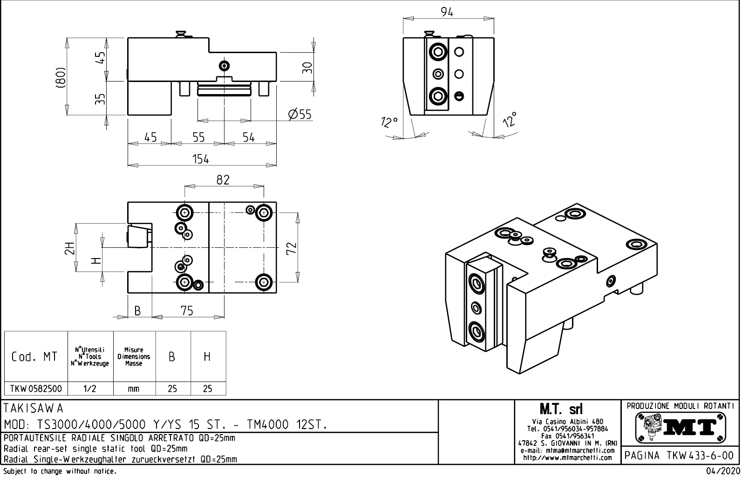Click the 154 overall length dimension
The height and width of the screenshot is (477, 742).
click(201, 159)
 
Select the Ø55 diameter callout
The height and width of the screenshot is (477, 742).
click(300, 114)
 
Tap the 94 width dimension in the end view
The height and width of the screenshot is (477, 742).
click(447, 13)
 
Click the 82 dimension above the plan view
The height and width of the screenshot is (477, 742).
click(223, 180)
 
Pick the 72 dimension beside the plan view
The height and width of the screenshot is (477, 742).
click(291, 247)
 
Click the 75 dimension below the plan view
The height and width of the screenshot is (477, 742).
click(187, 311)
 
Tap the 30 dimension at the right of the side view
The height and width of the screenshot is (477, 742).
click(306, 68)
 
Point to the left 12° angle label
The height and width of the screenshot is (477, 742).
click(389, 123)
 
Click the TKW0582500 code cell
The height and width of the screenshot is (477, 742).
click(36, 388)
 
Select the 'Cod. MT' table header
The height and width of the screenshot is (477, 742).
click(34, 357)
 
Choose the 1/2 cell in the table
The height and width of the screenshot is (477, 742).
click(90, 388)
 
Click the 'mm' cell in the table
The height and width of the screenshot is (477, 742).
click(134, 388)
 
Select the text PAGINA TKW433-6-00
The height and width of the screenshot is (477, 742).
click(680, 456)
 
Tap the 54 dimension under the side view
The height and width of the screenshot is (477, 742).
click(249, 137)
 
